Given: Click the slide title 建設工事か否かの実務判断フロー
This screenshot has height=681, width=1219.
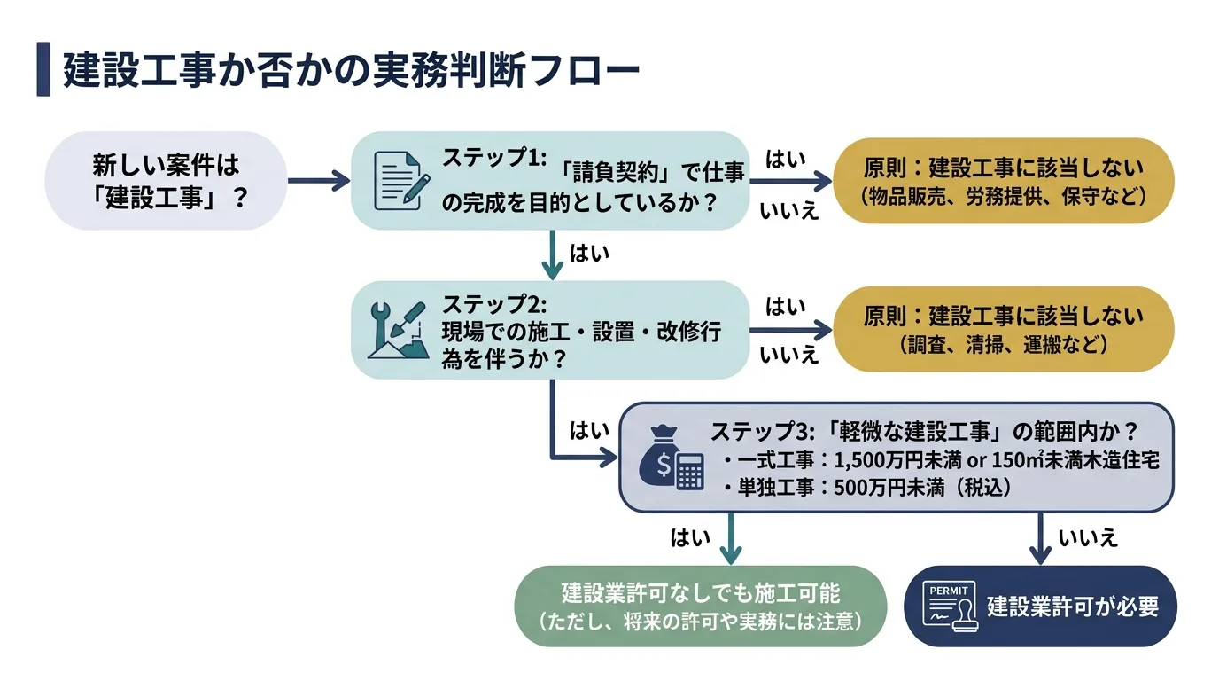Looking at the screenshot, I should (351, 72).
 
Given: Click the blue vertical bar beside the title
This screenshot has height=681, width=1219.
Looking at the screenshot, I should (43, 70).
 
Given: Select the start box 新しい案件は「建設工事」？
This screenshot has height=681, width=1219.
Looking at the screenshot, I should (166, 181).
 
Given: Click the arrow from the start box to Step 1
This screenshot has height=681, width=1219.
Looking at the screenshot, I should (320, 181).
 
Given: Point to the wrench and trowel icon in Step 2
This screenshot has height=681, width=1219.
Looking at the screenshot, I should (396, 330).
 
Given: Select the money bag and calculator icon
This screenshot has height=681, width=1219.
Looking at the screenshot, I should (672, 458).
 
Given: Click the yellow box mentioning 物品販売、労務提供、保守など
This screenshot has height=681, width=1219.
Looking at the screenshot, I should (1003, 181).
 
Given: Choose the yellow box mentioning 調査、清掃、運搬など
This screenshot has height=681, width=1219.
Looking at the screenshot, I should (1003, 329).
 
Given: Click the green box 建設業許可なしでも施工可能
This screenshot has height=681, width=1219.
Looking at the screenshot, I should (700, 606).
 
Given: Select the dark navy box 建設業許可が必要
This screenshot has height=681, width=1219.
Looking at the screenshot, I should (1040, 606).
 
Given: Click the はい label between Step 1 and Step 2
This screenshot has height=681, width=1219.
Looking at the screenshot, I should (590, 253).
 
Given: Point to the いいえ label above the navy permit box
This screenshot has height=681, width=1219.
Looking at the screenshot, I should (1088, 536).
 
